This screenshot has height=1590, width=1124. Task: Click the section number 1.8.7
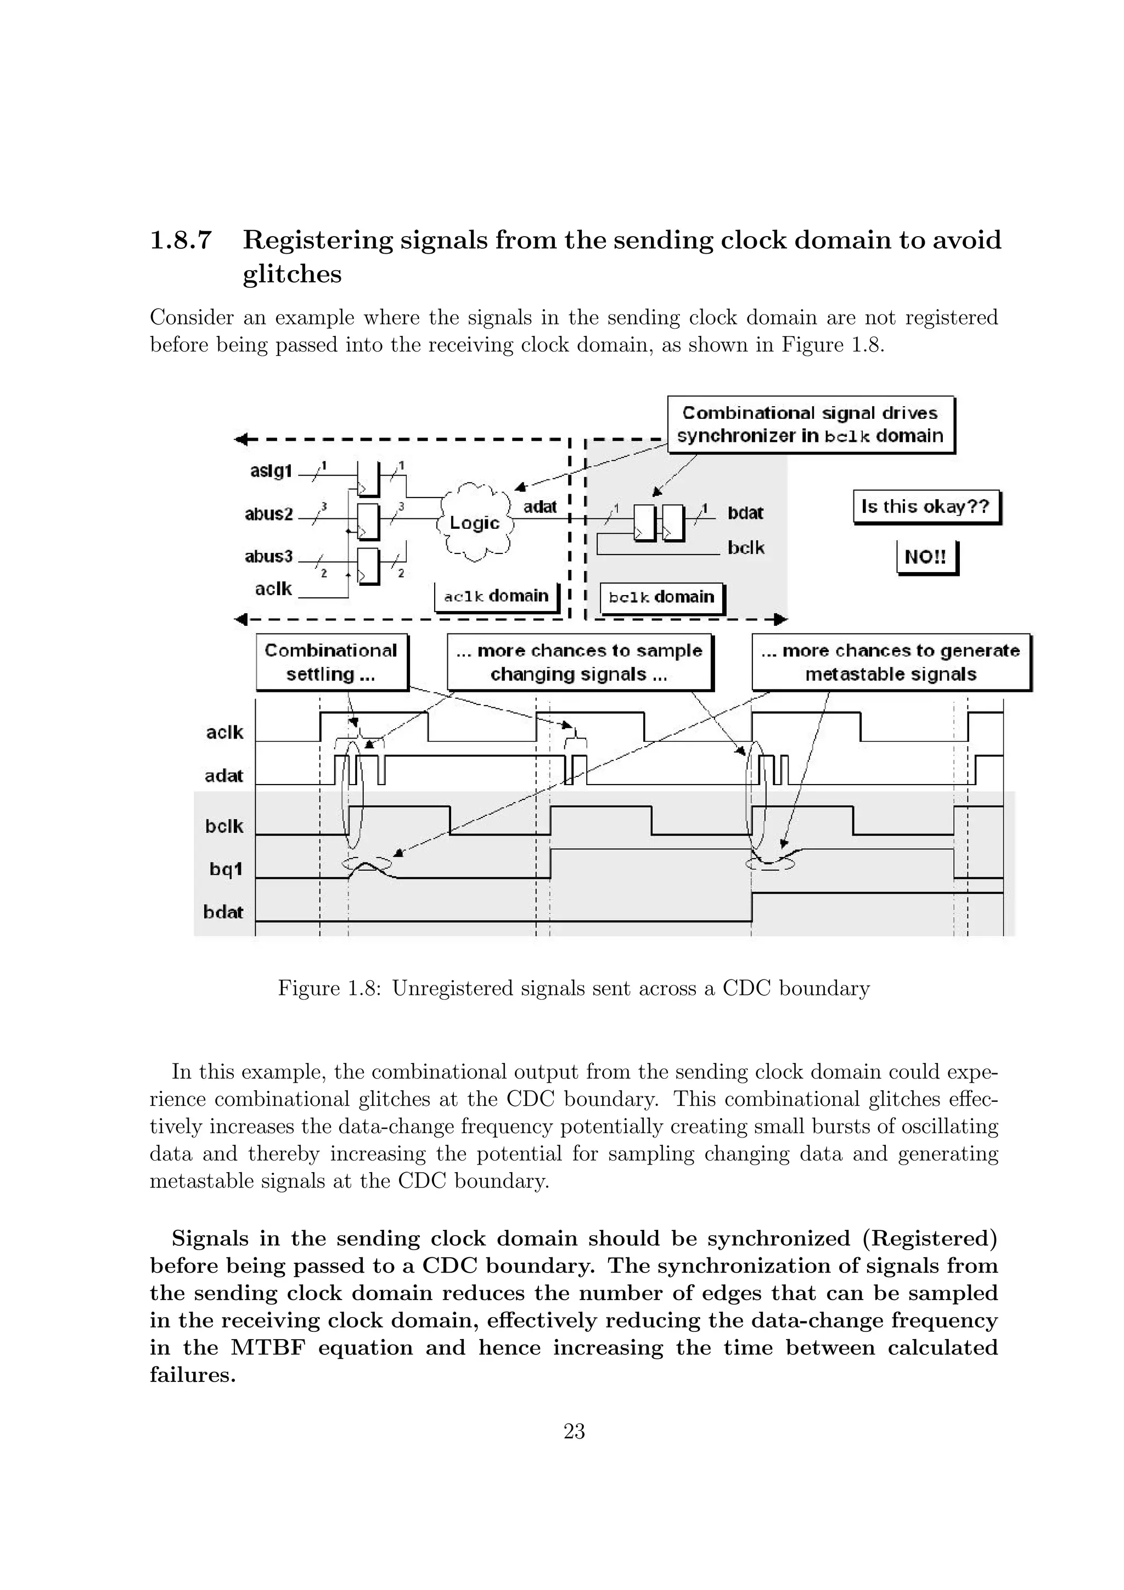click(x=180, y=240)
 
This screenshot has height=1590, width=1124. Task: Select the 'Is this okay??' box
click(x=925, y=507)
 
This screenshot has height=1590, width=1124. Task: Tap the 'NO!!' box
click(x=926, y=557)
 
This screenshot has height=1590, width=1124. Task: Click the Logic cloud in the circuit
click(x=475, y=523)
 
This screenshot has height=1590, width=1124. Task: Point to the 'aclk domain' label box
click(x=496, y=596)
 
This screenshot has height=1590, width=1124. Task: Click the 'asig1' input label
click(x=271, y=472)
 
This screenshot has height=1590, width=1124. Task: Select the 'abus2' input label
click(x=268, y=514)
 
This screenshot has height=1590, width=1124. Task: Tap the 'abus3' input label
click(x=268, y=557)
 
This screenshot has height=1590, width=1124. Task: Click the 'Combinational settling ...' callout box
click(x=331, y=662)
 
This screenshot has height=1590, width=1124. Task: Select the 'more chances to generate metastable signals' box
click(x=890, y=662)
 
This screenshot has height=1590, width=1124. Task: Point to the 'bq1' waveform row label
click(x=226, y=869)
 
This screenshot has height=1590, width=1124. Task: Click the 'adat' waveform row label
click(x=223, y=776)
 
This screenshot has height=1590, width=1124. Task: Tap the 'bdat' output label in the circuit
click(x=745, y=513)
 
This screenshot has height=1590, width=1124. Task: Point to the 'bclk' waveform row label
click(x=224, y=826)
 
